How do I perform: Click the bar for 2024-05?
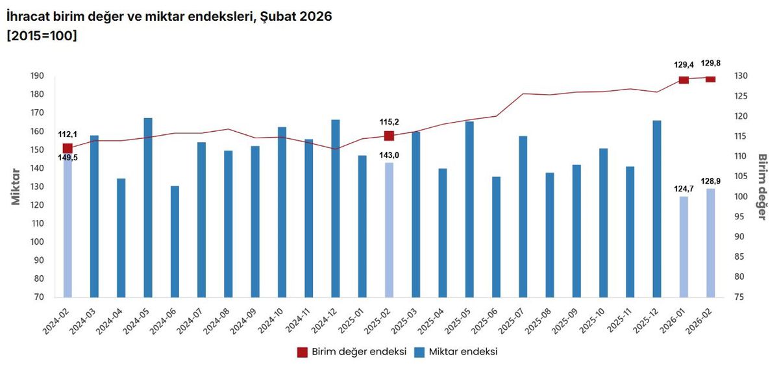pos(148,207)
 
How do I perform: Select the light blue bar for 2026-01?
pos(684,247)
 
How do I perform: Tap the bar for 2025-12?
pos(657,208)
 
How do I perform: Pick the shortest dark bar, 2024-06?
pos(175,241)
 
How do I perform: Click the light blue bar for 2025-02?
pos(389,230)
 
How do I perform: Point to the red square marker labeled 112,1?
pos(68,149)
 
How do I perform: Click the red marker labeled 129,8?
pos(710,79)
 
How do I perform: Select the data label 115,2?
pos(389,121)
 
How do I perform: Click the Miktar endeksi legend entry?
pos(460,352)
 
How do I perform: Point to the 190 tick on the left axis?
pos(37,76)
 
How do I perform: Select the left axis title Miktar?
pos(16,187)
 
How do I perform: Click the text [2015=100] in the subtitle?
pos(42,36)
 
